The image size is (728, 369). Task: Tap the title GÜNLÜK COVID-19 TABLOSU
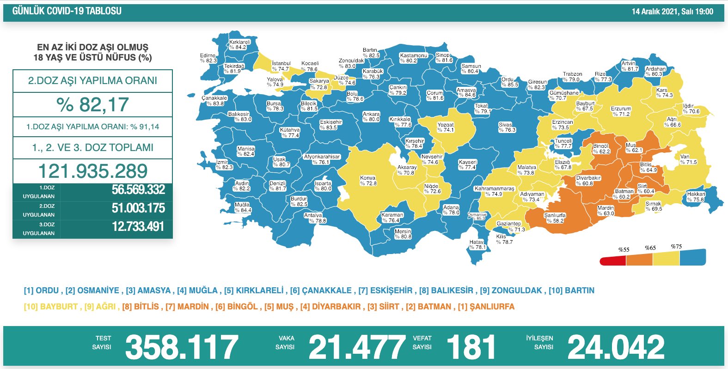click(67, 11)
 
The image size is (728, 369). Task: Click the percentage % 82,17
click(92, 105)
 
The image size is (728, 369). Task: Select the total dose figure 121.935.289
click(92, 171)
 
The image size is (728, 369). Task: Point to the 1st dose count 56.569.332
click(138, 190)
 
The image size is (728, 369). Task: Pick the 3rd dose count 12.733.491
click(138, 227)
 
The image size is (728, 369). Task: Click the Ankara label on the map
click(371, 117)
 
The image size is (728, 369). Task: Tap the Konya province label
click(368, 181)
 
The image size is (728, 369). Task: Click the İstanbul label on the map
click(281, 66)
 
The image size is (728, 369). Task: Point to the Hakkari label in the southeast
click(696, 197)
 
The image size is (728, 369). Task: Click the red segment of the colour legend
click(613, 261)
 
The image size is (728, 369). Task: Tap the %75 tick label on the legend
click(676, 247)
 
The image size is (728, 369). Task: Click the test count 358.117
click(181, 347)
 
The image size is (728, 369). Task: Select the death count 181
click(471, 347)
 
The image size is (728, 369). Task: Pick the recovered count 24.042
click(616, 347)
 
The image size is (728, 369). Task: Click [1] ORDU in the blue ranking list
click(41, 290)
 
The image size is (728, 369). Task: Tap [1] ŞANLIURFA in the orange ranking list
click(486, 307)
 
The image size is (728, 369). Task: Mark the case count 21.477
click(356, 347)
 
